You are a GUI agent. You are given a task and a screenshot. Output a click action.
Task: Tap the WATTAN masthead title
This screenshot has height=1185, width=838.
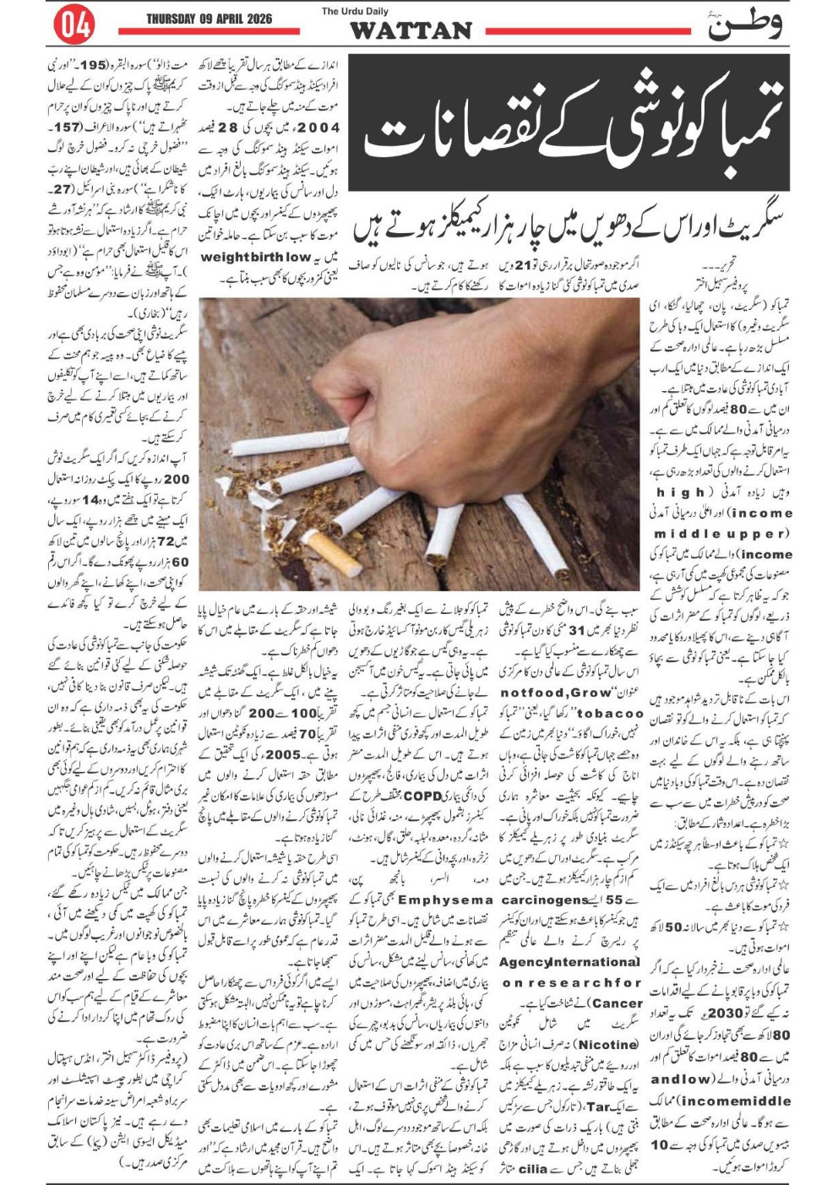click(x=411, y=31)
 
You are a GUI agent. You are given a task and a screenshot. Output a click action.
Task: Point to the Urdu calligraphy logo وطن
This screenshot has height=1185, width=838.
click(x=744, y=24)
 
